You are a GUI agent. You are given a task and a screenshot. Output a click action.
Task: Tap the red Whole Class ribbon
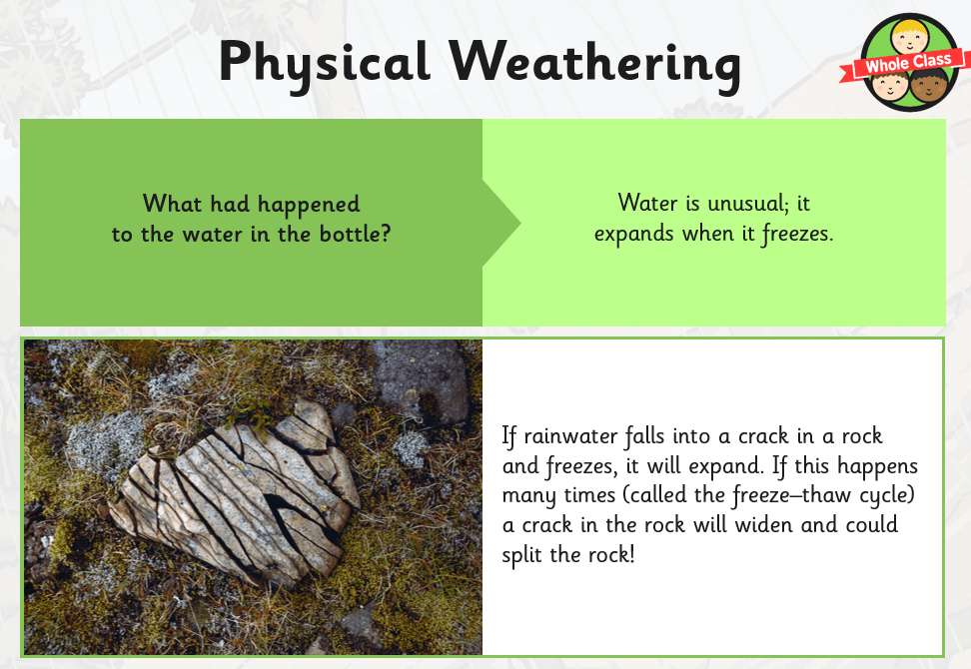(x=902, y=64)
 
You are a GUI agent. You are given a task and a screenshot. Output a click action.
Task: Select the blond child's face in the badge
(x=910, y=37)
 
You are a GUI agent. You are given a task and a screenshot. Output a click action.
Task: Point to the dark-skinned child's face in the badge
(x=928, y=87)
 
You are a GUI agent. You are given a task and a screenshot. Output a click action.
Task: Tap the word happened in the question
(x=309, y=205)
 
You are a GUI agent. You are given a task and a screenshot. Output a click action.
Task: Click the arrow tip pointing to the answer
(x=519, y=224)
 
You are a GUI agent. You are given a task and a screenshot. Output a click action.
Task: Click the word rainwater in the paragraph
(x=570, y=436)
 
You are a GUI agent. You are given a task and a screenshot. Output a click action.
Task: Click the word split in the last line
(x=522, y=555)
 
